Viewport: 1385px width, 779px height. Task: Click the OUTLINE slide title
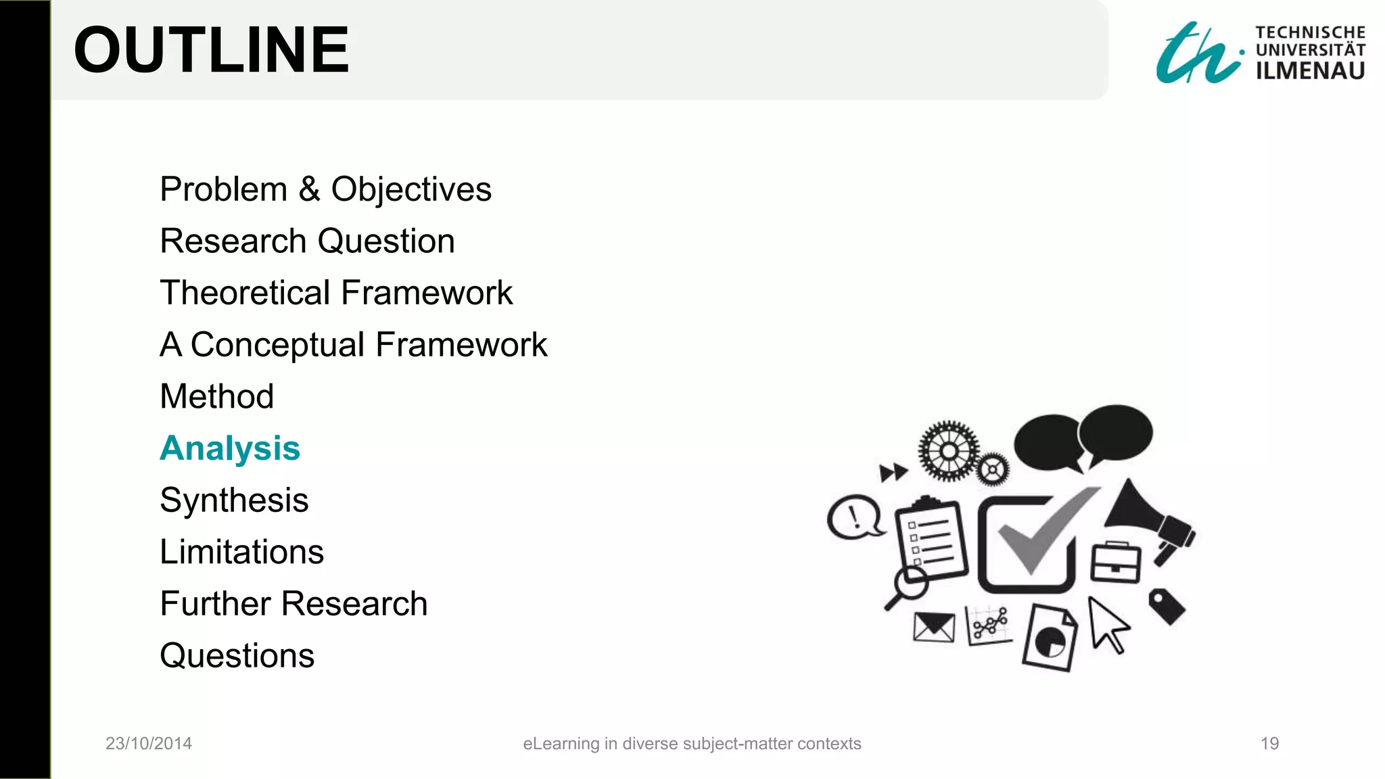[211, 50]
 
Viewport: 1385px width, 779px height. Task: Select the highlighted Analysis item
[230, 448]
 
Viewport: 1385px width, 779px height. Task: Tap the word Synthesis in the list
[234, 500]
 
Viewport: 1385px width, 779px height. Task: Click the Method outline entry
[217, 396]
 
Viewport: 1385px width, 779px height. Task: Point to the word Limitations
[242, 552]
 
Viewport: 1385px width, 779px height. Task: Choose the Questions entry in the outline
[237, 655]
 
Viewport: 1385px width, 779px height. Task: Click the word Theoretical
[245, 293]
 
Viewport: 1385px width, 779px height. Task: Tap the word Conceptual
[277, 345]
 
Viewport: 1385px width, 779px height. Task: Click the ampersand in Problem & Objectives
[309, 189]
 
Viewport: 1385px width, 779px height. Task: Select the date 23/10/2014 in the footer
[149, 744]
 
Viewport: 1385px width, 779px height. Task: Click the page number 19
[1269, 744]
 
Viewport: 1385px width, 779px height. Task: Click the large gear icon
[949, 451]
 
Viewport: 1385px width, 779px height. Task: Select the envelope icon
[933, 628]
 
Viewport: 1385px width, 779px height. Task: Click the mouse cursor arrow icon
[1106, 624]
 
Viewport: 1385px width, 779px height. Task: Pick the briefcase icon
[1115, 563]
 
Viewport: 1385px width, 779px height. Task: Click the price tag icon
[1167, 605]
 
